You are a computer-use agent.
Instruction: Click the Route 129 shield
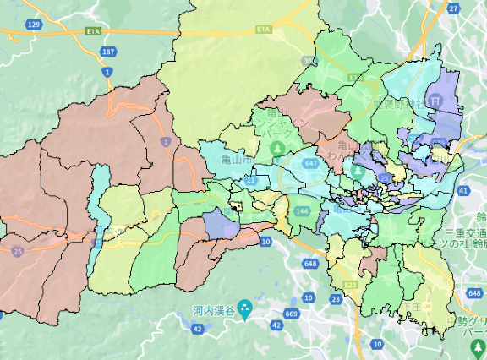pyautogui.click(x=34, y=25)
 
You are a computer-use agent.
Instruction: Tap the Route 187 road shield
pyautogui.click(x=107, y=52)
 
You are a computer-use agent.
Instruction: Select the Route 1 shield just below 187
pyautogui.click(x=107, y=73)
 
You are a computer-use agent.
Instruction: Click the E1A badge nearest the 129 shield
pyautogui.click(x=93, y=30)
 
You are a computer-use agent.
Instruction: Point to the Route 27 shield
pyautogui.click(x=453, y=8)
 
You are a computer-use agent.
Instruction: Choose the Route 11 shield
pyautogui.click(x=250, y=181)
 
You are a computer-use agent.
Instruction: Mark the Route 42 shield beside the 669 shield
pyautogui.click(x=276, y=325)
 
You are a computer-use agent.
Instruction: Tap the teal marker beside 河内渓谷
pyautogui.click(x=245, y=308)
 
